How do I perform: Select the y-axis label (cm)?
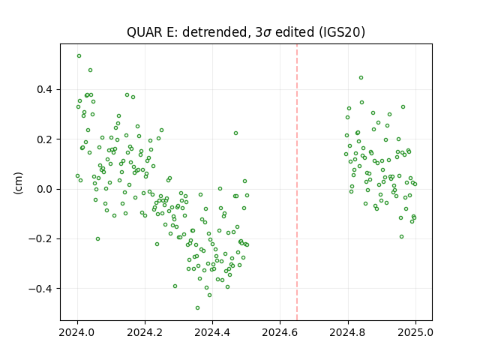pos(18,183)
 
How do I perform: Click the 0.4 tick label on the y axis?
pos(45,90)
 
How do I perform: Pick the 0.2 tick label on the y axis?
pos(45,139)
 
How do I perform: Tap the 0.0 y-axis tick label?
pos(45,189)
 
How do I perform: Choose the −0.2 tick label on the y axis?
pos(40,238)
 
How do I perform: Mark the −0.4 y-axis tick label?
pos(40,289)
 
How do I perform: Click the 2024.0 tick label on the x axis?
pos(77,332)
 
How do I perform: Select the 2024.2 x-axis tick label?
pos(145,332)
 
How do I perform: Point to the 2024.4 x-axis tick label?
pos(212,332)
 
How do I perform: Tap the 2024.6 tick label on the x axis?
pos(280,332)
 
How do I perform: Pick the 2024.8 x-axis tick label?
pos(348,332)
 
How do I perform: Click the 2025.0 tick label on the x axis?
pos(415,332)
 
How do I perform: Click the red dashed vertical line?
pos(297,182)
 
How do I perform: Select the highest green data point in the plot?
pos(79,56)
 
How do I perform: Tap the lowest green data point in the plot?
pos(197,308)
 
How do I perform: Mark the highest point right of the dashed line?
pos(361,78)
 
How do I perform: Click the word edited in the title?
pos(295,31)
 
